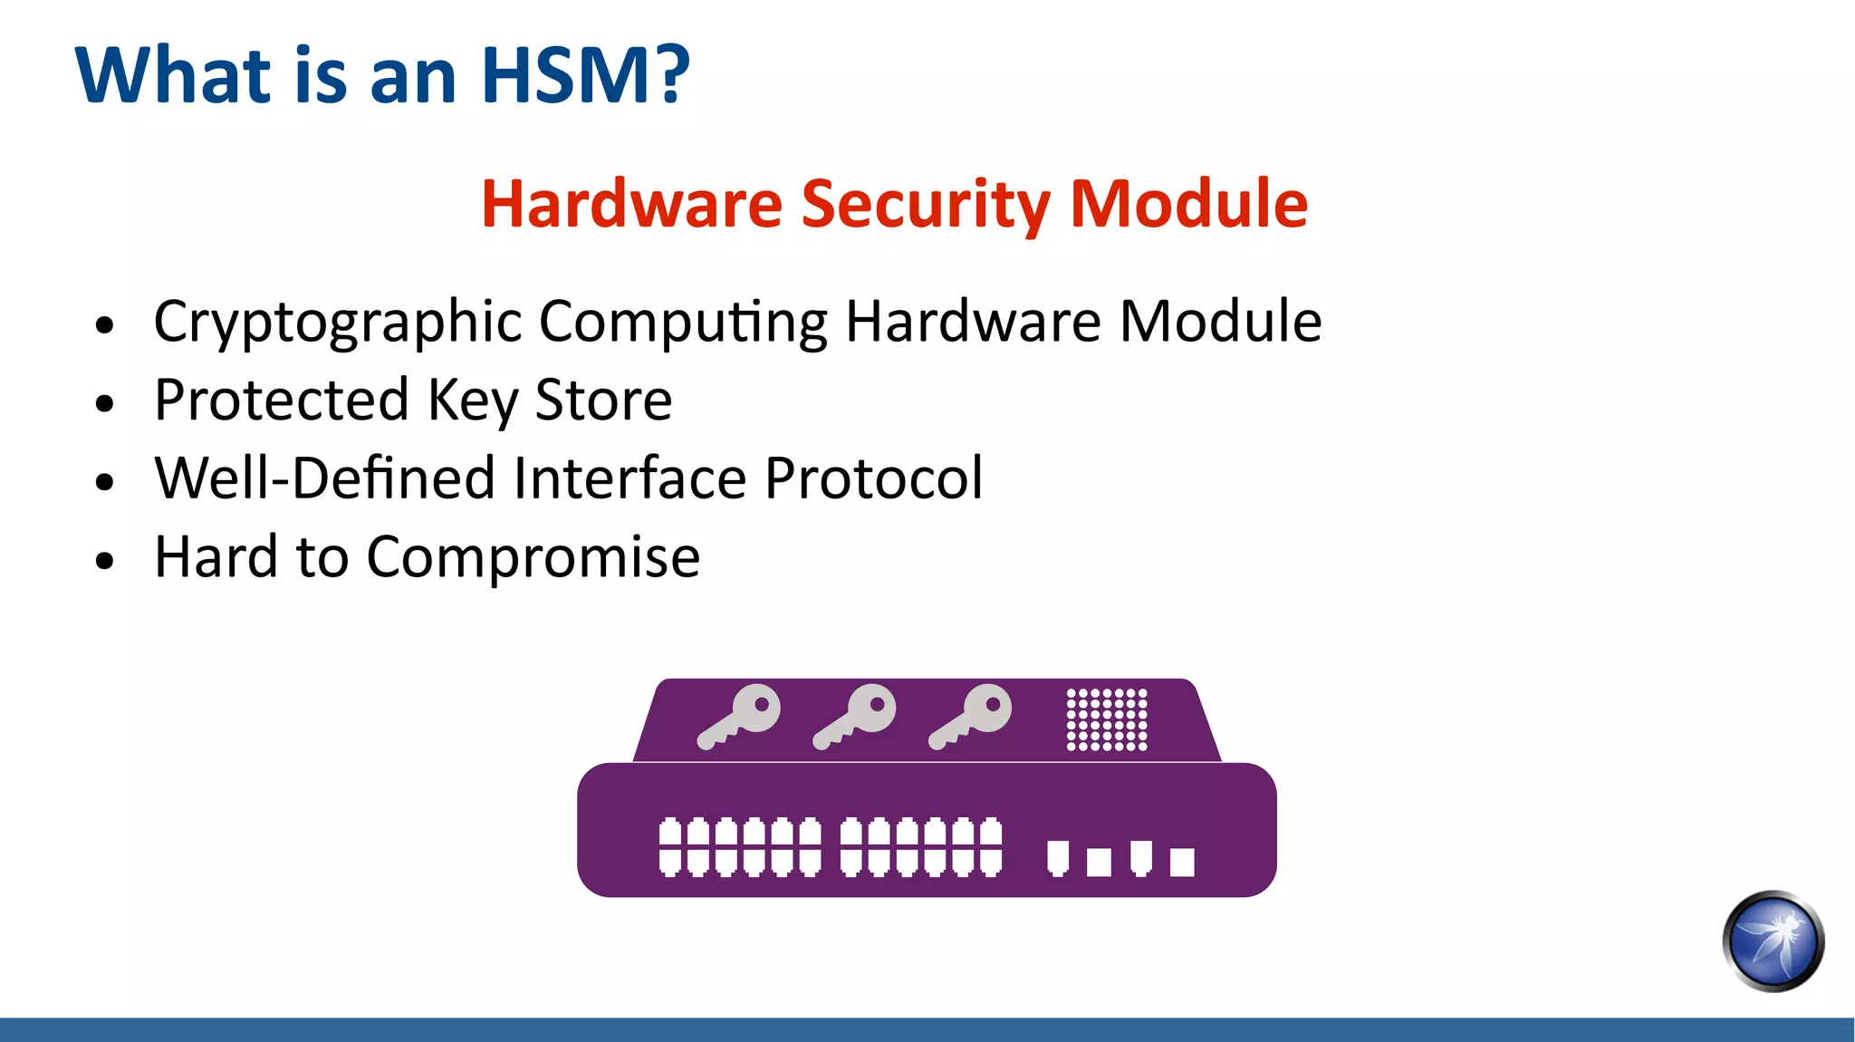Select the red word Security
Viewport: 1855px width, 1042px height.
coord(925,204)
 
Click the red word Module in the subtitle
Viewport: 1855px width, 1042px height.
coord(1188,204)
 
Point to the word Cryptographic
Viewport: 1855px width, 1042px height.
coord(338,323)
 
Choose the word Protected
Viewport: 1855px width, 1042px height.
coord(282,400)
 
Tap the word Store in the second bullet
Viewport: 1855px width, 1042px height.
coord(603,400)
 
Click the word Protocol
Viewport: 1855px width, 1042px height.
coord(873,478)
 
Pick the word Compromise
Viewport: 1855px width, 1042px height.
coord(533,557)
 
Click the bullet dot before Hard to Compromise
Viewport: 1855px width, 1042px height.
coord(105,560)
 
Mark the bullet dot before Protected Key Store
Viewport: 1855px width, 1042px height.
coord(105,403)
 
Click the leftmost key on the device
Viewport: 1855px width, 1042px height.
coord(739,716)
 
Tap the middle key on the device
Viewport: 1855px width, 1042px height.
coord(855,716)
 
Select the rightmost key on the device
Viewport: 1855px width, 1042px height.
coord(971,716)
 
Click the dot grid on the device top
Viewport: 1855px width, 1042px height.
coord(1107,719)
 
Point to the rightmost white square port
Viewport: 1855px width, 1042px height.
coord(1182,862)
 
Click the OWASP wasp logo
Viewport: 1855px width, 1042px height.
coord(1773,941)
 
